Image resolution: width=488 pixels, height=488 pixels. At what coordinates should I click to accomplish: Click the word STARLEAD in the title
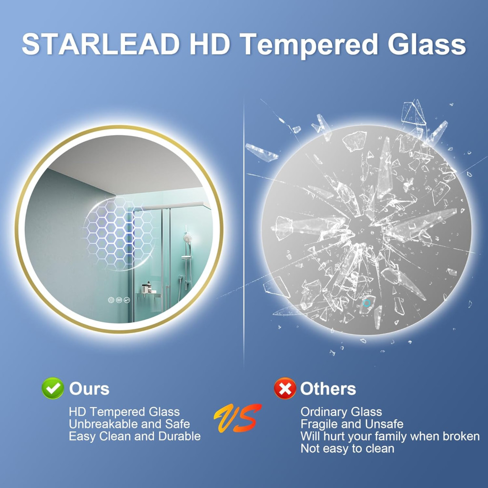click(101, 44)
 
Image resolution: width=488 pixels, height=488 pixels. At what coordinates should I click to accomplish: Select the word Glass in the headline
click(427, 44)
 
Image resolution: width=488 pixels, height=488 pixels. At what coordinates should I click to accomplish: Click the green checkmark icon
click(52, 388)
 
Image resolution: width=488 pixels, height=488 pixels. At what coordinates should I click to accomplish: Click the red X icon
click(285, 388)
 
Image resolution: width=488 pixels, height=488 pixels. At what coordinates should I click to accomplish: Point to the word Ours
click(89, 389)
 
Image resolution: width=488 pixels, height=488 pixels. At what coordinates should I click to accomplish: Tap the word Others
click(328, 389)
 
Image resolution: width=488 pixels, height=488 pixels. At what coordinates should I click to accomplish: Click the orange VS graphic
click(237, 418)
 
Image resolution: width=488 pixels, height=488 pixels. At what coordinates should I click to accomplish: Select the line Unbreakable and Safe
click(130, 424)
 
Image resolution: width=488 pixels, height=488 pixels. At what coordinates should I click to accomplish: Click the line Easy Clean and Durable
click(135, 437)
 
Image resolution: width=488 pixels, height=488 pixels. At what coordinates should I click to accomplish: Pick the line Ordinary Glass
click(341, 412)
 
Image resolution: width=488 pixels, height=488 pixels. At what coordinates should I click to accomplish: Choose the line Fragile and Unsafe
click(352, 424)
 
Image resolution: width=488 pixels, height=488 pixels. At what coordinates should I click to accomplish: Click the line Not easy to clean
click(347, 448)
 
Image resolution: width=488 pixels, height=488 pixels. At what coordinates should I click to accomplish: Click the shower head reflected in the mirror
click(187, 238)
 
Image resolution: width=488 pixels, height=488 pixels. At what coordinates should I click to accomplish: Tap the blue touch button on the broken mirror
click(366, 303)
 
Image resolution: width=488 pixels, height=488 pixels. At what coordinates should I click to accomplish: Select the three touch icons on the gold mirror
click(119, 300)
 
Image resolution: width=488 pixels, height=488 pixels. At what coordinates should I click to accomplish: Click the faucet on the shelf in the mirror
click(146, 288)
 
